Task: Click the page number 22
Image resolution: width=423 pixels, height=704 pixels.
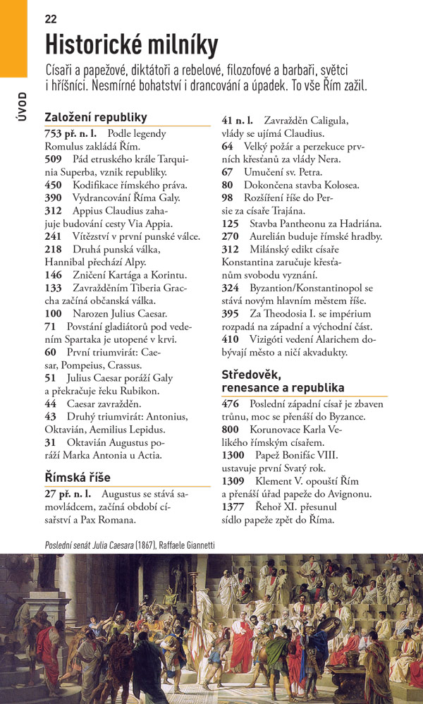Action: coord(51,19)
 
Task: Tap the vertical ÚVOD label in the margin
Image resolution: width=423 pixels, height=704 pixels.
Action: coord(23,107)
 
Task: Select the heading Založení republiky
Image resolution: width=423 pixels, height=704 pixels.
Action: coord(95,117)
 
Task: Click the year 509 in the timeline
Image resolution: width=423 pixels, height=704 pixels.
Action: coord(53,159)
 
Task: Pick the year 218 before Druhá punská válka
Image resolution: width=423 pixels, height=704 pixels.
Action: coord(53,250)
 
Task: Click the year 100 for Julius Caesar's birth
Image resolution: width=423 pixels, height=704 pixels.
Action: coord(53,313)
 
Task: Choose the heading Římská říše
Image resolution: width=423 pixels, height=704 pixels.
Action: coord(78,477)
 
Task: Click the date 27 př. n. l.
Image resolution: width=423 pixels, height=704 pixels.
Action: coord(68,493)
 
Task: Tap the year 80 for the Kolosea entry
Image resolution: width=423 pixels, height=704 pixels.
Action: coord(228,185)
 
